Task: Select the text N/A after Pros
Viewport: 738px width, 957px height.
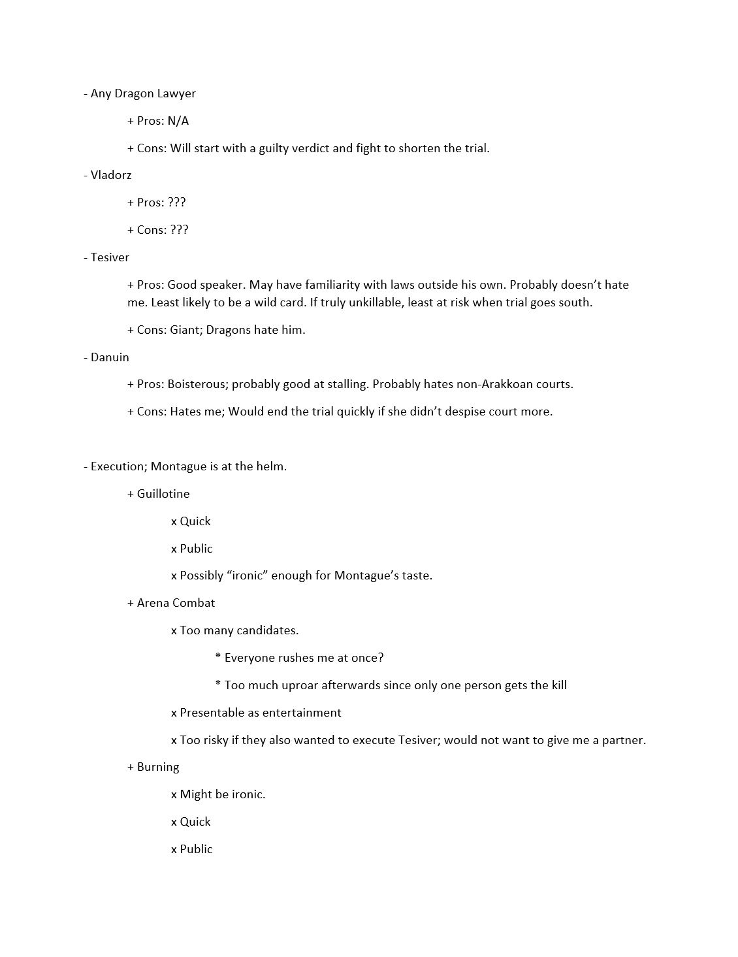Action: pos(178,121)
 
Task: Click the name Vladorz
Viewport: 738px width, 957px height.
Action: pos(111,175)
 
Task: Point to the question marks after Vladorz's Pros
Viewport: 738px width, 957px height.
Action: pos(177,203)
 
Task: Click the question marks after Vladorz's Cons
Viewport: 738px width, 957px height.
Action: pos(180,230)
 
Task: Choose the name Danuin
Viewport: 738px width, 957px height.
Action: pos(110,357)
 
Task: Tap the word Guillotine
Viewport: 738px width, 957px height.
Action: pos(163,494)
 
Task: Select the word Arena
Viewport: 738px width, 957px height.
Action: pos(153,603)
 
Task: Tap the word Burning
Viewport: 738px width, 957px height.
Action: pos(158,767)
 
